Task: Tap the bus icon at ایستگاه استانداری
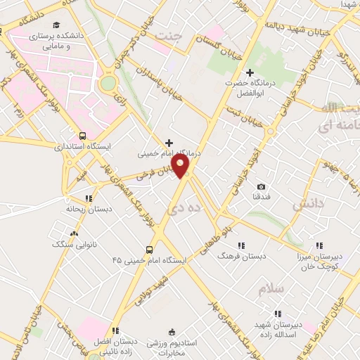click(x=83, y=136)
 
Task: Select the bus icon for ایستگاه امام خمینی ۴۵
click(x=149, y=250)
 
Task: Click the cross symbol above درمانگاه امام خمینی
click(x=168, y=143)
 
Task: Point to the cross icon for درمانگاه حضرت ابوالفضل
click(x=250, y=72)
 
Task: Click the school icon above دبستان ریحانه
click(x=87, y=199)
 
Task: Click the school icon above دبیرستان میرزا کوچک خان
click(x=320, y=245)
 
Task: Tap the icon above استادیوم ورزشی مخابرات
click(x=172, y=332)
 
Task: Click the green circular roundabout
click(x=108, y=84)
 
